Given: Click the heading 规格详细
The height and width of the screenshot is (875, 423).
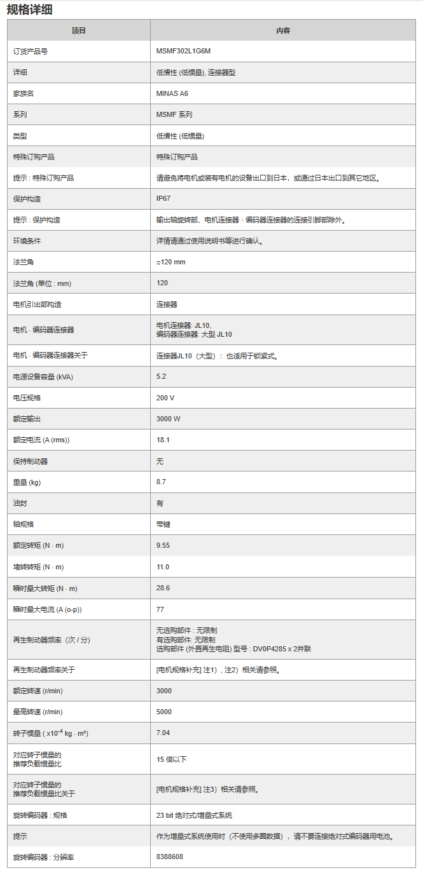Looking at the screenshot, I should pos(30,9).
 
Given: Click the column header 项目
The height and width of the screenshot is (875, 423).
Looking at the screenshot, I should pos(79,31).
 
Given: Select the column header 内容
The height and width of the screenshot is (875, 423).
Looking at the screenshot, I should pos(283,31).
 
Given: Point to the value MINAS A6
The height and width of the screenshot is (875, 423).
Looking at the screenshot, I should pos(172,93).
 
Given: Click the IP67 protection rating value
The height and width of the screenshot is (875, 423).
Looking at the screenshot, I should pos(163,199).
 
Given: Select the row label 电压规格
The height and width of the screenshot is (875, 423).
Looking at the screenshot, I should pos(28,398).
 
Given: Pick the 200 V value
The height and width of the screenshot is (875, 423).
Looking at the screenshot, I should pos(165,398).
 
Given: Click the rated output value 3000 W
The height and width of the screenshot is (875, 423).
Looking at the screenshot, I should pos(169,419).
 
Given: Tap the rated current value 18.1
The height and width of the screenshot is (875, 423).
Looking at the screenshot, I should pos(163,440).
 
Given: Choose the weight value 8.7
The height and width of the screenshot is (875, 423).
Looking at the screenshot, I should pos(161,482).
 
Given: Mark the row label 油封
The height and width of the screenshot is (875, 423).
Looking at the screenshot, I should pos(20,503).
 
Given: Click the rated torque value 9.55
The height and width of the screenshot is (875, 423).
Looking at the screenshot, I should pos(163,545).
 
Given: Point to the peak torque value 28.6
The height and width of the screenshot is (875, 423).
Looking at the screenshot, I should pos(163,588).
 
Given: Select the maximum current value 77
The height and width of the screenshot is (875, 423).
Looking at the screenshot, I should pos(160,609).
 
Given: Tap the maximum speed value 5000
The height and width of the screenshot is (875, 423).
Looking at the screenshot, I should pos(164,712).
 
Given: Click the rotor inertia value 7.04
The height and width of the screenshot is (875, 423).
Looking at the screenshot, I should pos(163,733).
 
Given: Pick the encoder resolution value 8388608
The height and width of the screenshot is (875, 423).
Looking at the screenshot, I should pos(170,857).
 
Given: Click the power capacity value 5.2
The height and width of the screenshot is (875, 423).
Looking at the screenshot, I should pos(161,377).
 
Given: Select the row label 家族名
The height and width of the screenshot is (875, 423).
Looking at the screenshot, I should pos(24,93).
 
